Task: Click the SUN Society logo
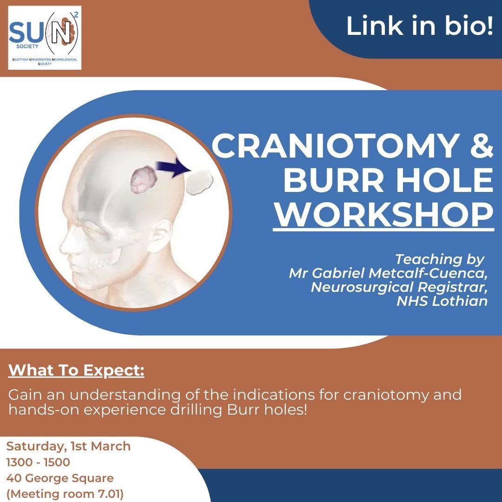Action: pyautogui.click(x=45, y=38)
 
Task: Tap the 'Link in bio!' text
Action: pyautogui.click(x=419, y=26)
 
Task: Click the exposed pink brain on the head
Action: pyautogui.click(x=144, y=179)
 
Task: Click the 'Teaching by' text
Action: pyautogui.click(x=440, y=259)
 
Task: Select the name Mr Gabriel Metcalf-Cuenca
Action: pyautogui.click(x=388, y=273)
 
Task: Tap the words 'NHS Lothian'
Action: pyautogui.click(x=442, y=301)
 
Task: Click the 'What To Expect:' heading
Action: pyautogui.click(x=76, y=370)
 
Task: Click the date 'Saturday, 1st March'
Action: pyautogui.click(x=68, y=446)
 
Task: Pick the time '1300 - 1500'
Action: pyautogui.click(x=38, y=462)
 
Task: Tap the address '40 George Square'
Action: pyautogui.click(x=60, y=478)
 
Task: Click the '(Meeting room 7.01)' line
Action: pyautogui.click(x=65, y=494)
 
